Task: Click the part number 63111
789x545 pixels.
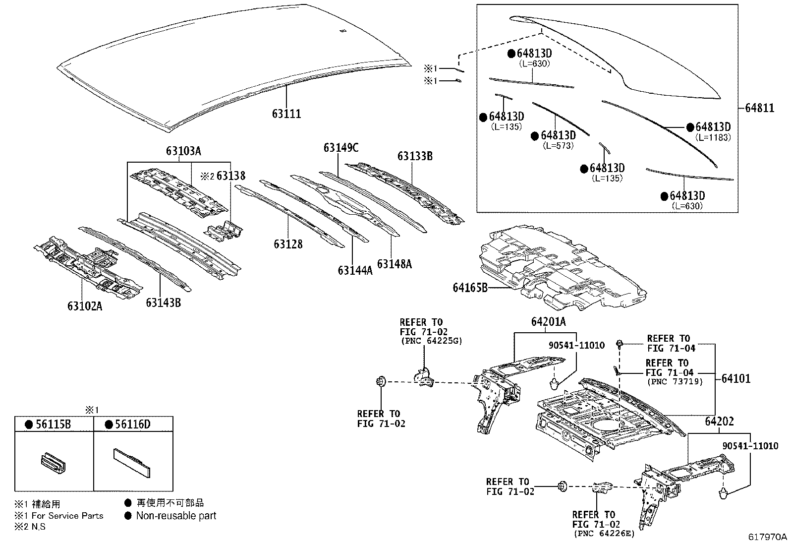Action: point(286,114)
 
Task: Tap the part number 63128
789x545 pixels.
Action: point(287,244)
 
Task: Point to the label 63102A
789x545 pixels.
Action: point(85,306)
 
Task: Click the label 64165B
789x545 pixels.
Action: point(470,288)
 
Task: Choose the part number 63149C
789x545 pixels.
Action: point(340,148)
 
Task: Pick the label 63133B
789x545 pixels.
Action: point(415,157)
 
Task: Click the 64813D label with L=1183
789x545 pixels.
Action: point(713,127)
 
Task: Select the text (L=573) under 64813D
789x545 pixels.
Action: point(558,146)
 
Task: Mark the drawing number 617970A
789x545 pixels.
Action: point(768,537)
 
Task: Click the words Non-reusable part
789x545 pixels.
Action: point(176,516)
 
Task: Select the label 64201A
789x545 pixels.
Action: point(548,322)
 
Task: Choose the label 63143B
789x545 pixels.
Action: point(163,302)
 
